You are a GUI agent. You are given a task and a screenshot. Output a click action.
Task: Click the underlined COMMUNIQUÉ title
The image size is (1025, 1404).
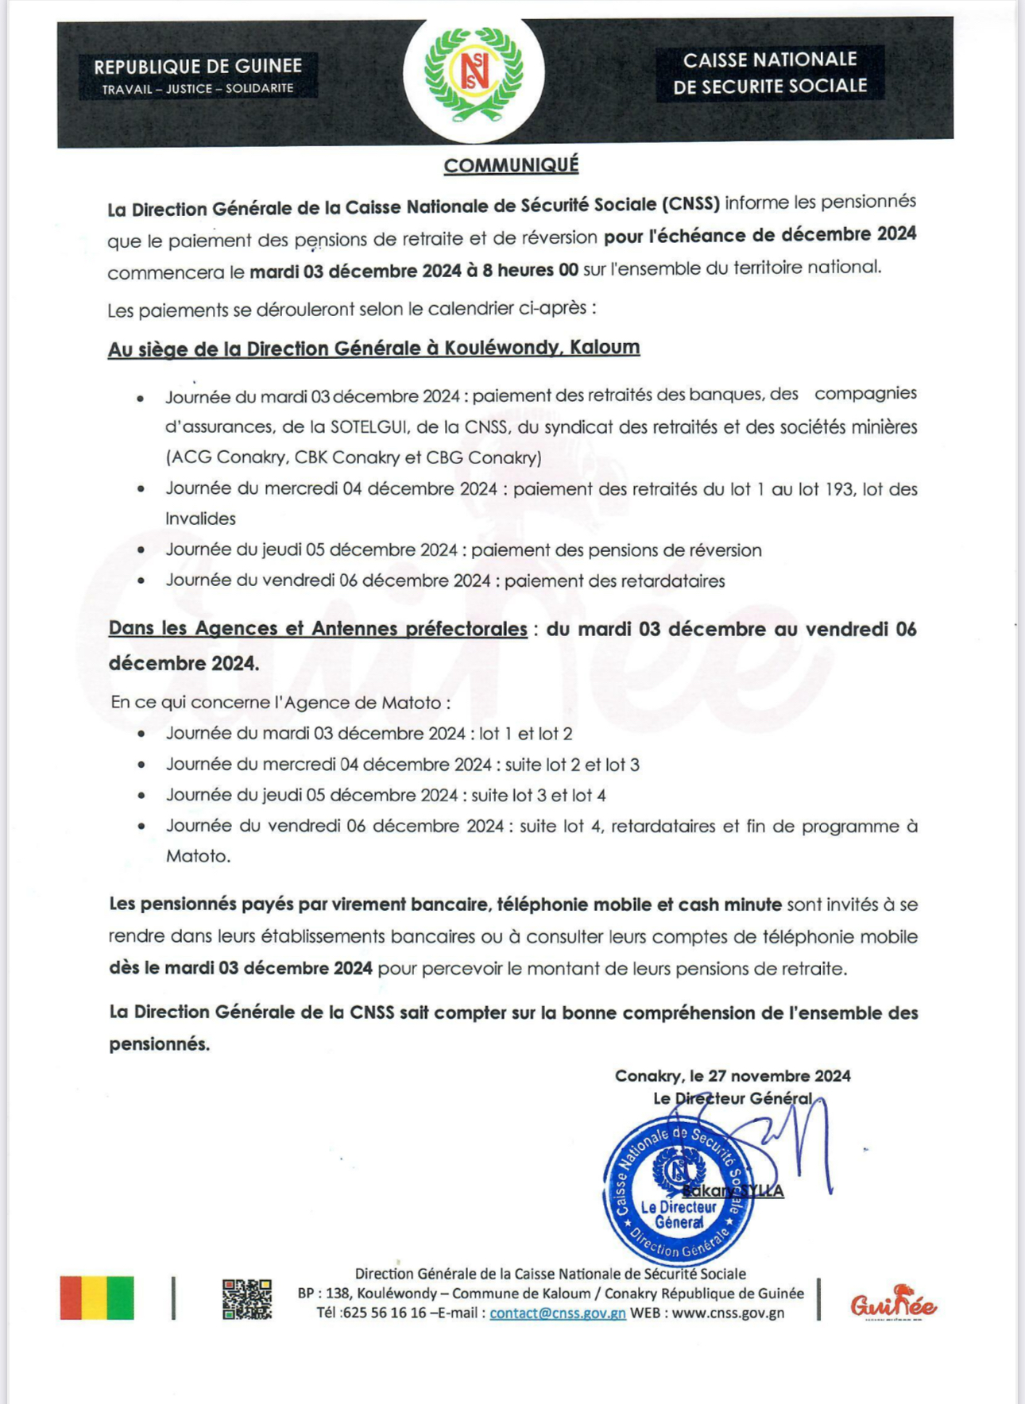click(511, 165)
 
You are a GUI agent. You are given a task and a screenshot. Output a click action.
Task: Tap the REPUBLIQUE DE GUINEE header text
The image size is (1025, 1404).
click(198, 67)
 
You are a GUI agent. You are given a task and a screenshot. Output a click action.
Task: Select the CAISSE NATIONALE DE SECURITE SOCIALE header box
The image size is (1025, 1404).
click(770, 73)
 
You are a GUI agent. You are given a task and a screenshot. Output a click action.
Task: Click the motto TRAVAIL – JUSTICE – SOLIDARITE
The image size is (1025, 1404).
click(198, 89)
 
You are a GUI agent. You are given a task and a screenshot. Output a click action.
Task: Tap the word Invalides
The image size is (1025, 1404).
click(200, 519)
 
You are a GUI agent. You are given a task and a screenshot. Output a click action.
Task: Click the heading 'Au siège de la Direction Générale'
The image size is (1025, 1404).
click(373, 349)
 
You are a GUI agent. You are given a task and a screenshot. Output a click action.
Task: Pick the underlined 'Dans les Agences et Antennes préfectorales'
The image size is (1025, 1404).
click(318, 629)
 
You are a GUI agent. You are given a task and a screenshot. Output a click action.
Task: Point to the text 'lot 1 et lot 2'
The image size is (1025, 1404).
click(525, 734)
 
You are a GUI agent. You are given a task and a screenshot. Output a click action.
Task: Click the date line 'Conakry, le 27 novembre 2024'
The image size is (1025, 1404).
click(733, 1076)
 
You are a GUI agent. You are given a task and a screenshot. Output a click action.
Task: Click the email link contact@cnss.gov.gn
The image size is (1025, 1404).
click(557, 1313)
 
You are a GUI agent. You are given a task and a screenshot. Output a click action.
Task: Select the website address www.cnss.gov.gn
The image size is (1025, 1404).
click(728, 1313)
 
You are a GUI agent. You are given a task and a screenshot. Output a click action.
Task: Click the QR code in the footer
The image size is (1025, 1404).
click(246, 1298)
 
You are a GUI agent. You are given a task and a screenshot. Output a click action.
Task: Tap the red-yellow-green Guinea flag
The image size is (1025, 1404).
click(97, 1298)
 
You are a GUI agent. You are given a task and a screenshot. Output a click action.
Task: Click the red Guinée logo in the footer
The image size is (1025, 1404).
click(893, 1303)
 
